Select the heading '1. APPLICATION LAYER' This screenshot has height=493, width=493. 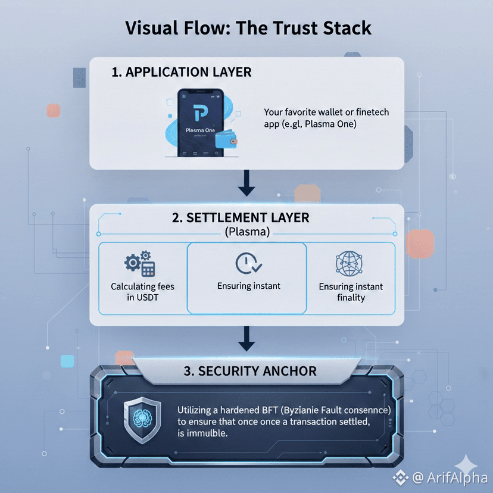(181, 72)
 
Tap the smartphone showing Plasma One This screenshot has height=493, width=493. (201, 123)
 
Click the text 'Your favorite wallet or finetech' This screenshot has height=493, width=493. (326, 112)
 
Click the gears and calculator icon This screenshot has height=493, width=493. (139, 264)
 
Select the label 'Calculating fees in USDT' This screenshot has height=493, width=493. (142, 292)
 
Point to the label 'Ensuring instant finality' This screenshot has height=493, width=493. (351, 292)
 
